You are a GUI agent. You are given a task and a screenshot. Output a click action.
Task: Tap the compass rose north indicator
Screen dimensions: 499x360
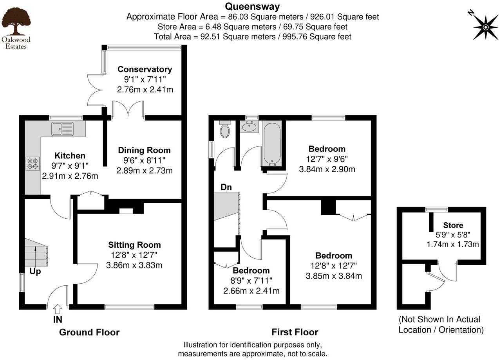[x=485, y=27]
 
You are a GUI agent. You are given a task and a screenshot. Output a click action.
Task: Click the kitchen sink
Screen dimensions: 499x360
[x=62, y=128]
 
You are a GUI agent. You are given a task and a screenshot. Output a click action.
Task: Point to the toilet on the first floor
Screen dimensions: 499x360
[x=225, y=130]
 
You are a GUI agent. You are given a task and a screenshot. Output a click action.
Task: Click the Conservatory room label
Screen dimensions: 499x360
[x=145, y=70]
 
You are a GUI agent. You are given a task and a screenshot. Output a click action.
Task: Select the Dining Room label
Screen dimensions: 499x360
[x=144, y=150]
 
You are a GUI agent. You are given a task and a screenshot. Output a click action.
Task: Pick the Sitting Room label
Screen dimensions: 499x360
[x=134, y=245]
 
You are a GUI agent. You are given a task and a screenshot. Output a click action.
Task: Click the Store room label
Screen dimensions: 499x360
[x=453, y=225]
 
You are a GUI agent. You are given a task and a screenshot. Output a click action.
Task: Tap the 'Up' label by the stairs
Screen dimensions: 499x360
[x=35, y=271]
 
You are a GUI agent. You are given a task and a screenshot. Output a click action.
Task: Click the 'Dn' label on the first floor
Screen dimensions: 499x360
[x=226, y=187]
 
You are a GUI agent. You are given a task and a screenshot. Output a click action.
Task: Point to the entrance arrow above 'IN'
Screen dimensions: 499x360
[x=57, y=309]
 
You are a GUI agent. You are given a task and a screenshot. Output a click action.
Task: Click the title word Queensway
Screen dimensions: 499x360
[x=252, y=6]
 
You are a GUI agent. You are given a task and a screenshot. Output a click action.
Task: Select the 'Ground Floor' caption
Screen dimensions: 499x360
[x=89, y=332]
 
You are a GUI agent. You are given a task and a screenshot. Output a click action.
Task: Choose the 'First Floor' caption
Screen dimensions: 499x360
[x=295, y=332]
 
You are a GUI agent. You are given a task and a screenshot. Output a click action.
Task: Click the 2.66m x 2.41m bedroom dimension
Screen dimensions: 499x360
[x=251, y=291]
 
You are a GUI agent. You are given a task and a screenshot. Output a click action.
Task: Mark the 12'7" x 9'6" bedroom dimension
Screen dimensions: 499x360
[x=327, y=159]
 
